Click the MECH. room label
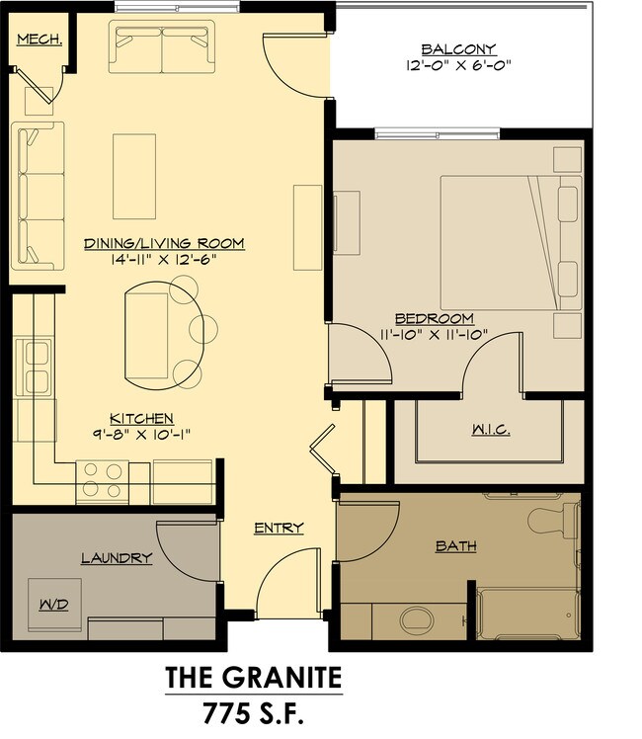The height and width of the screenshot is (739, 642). [x=40, y=40]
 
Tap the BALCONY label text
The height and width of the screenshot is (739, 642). [x=458, y=49]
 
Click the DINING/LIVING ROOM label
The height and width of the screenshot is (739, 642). [x=164, y=243]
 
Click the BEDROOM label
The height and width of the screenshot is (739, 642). [x=435, y=318]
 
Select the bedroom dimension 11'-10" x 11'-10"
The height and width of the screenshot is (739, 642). [x=435, y=335]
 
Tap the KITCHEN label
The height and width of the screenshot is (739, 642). [x=142, y=418]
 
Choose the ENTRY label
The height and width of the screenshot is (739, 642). [x=279, y=528]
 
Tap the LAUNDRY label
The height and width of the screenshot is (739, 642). [x=117, y=558]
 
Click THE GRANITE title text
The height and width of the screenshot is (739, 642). [x=254, y=678]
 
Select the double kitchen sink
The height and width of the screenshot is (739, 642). [x=34, y=368]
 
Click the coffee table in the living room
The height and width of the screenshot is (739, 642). [x=134, y=176]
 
